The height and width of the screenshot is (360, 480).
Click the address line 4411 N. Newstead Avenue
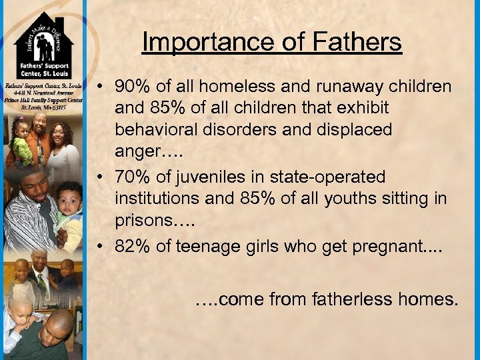42,93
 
